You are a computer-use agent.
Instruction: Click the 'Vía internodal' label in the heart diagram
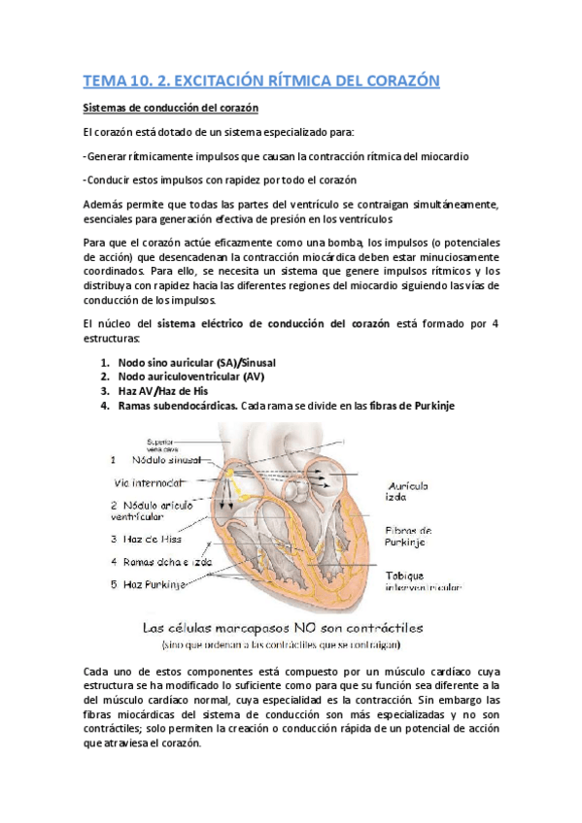point(151,482)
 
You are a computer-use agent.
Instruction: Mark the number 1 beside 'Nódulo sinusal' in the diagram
point(114,459)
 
